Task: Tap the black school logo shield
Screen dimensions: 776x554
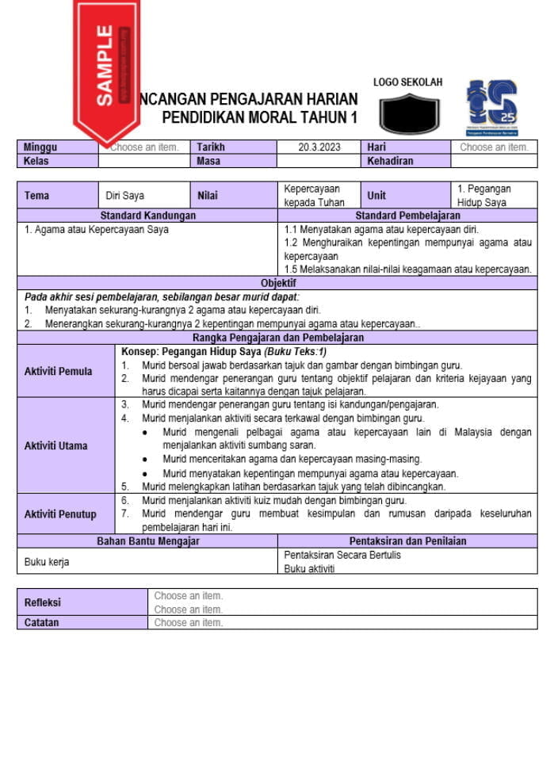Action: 408,113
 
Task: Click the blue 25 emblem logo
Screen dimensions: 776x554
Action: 491,107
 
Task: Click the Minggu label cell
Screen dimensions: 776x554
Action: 40,147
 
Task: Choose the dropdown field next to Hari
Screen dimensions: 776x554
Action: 494,147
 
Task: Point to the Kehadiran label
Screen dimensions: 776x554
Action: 390,161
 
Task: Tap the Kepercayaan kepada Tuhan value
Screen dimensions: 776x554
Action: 314,196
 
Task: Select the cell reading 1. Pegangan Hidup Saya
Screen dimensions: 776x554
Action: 493,196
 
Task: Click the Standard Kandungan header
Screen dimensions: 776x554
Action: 147,216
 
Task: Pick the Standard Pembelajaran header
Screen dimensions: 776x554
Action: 407,216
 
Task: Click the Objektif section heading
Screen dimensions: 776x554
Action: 278,283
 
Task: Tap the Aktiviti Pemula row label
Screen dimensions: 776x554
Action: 58,371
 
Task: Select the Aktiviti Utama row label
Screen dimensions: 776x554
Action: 55,445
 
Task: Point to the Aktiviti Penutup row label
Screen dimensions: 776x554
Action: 60,514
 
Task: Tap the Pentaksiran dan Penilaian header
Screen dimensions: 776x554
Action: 407,541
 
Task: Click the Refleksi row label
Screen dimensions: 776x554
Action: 42,602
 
